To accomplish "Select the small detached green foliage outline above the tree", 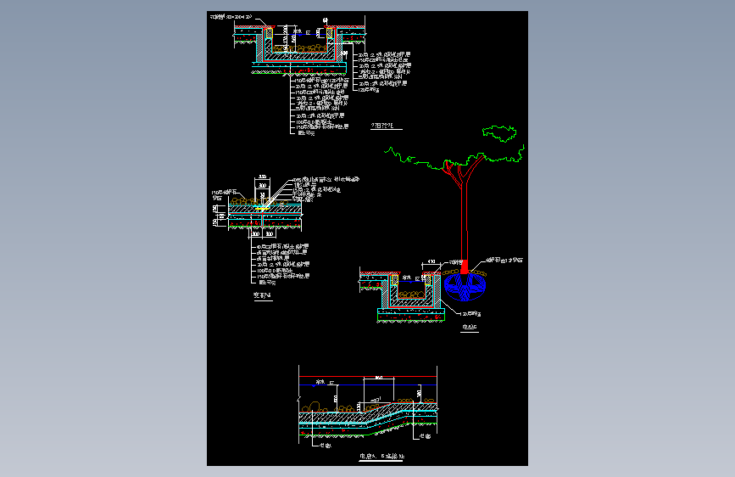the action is [499, 132].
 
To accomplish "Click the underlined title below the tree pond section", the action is [469, 326].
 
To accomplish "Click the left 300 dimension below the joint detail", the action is [255, 233].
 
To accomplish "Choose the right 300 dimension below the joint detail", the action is [270, 233].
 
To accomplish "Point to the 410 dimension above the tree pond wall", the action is [432, 262].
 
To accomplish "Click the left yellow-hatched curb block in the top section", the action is [270, 33].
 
